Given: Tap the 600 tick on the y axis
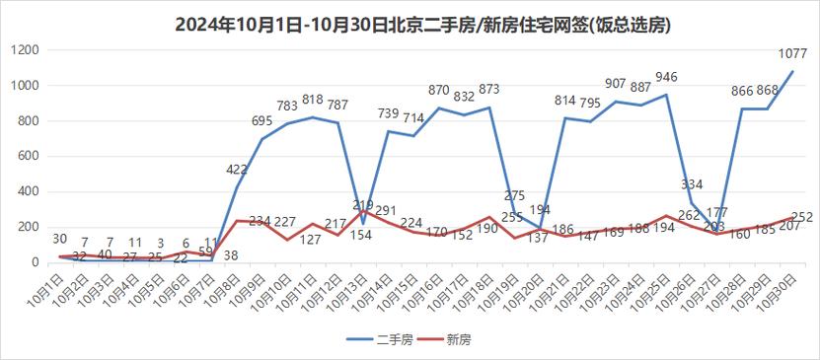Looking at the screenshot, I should pos(27,157).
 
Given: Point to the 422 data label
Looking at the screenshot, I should pos(237,169).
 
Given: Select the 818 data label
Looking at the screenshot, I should pos(313,99).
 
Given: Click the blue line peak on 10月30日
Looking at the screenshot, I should pos(791,72).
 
